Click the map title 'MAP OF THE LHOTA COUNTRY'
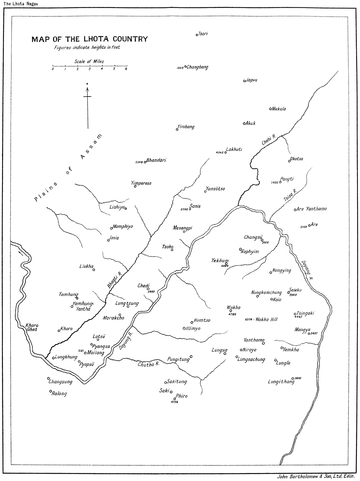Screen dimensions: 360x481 click(x=89, y=39)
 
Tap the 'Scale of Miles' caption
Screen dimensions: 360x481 click(x=89, y=61)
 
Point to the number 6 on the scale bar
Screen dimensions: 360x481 click(x=126, y=69)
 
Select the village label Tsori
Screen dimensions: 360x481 click(x=203, y=34)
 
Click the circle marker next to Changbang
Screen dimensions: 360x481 click(x=186, y=66)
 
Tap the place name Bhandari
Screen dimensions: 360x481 click(x=156, y=160)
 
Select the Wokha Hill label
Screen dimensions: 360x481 click(x=266, y=320)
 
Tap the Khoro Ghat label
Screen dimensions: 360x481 click(x=32, y=327)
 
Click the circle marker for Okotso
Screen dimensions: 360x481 click(x=289, y=161)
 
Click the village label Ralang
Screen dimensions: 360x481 click(x=59, y=393)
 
